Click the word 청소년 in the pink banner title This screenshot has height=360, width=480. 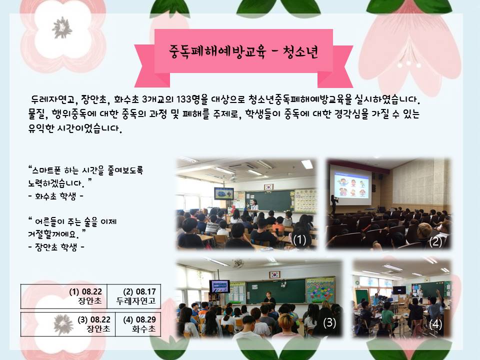pyautogui.click(x=300, y=52)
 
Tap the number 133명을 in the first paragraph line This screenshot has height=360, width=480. pyautogui.click(x=192, y=99)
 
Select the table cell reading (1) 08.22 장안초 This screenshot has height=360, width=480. pyautogui.click(x=64, y=296)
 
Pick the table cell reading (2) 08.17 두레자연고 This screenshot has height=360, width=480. pyautogui.click(x=134, y=296)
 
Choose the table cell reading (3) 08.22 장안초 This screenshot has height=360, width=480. pyautogui.click(x=68, y=324)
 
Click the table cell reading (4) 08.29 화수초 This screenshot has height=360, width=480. pyautogui.click(x=138, y=324)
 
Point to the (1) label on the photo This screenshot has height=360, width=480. pyautogui.click(x=299, y=239)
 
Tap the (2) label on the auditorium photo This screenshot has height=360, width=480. pyautogui.click(x=435, y=242)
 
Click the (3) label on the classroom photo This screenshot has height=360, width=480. pyautogui.click(x=329, y=322)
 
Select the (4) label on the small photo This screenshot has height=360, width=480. pyautogui.click(x=435, y=324)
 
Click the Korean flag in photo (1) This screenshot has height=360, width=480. pyautogui.click(x=268, y=186)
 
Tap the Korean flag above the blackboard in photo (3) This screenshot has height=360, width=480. pyautogui.click(x=274, y=274)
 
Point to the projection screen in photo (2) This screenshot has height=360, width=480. pyautogui.click(x=350, y=184)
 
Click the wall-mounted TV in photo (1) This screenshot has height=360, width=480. pyautogui.click(x=223, y=193)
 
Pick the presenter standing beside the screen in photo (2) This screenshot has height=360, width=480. pyautogui.click(x=333, y=204)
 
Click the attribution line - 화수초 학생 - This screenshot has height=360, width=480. pyautogui.click(x=55, y=196)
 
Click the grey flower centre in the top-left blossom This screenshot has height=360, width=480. pyautogui.click(x=62, y=28)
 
